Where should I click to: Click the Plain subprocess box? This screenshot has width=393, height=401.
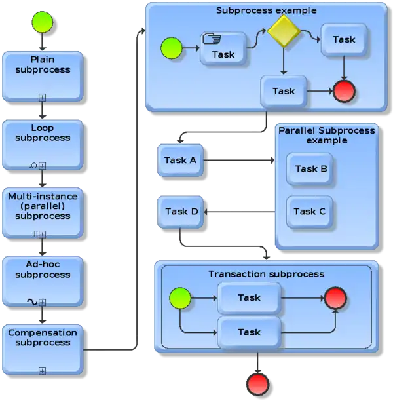(x=43, y=75)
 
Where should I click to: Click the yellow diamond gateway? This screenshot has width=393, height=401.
(x=282, y=31)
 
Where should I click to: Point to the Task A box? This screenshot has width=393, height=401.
(x=181, y=159)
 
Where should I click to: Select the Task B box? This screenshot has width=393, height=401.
(x=310, y=169)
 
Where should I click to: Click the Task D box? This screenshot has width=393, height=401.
(x=181, y=212)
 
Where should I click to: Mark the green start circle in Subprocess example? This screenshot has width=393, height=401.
(x=171, y=48)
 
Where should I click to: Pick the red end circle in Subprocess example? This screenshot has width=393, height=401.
(x=344, y=92)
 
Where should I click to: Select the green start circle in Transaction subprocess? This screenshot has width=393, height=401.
(x=180, y=299)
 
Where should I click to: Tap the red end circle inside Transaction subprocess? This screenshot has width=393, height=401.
(x=335, y=298)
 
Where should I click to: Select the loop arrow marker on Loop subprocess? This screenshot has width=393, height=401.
(x=33, y=166)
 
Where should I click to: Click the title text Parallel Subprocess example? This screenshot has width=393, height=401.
(x=326, y=136)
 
